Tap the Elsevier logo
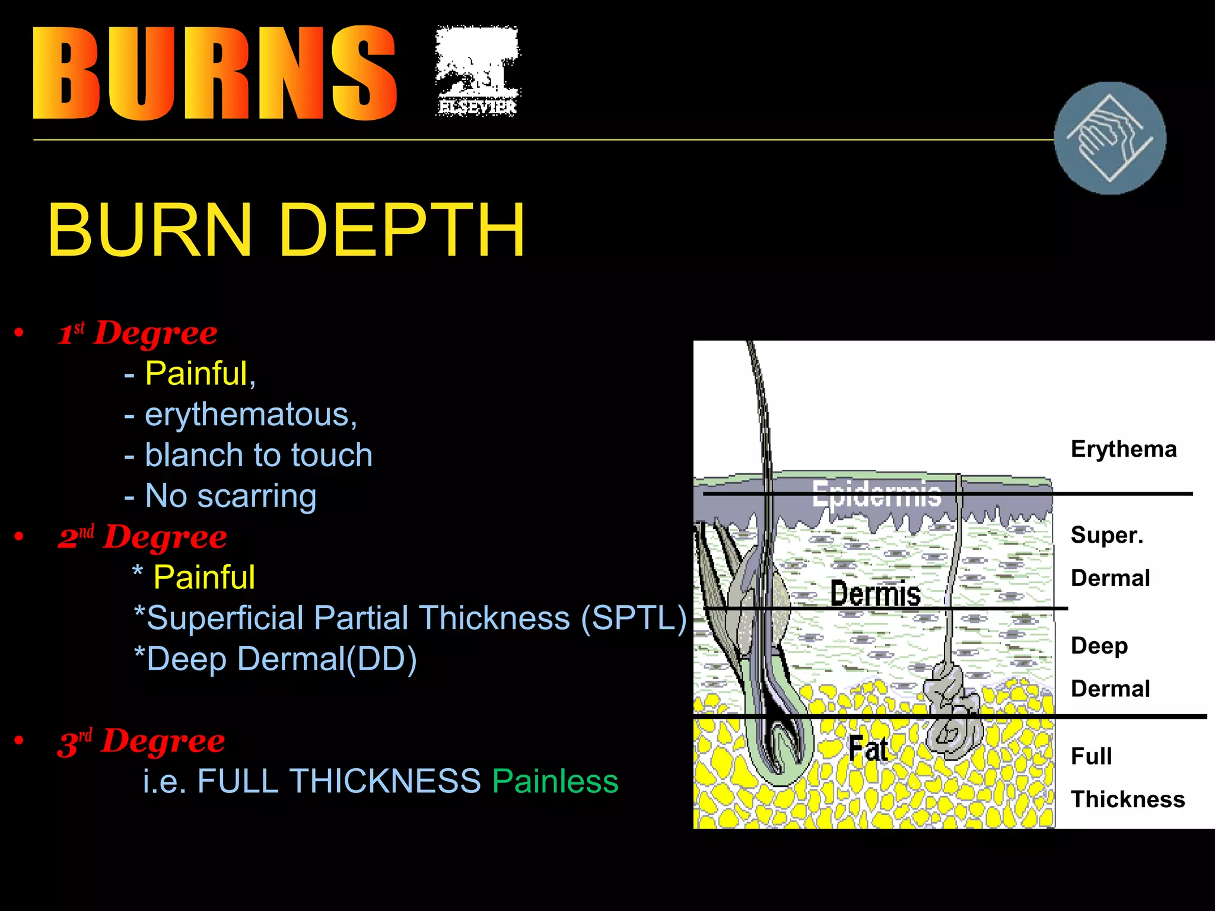coord(478,71)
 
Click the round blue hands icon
coord(1109,138)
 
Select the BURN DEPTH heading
coord(286,230)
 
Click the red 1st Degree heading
coord(138,333)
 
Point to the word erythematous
coord(250,414)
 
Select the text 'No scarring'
coord(230,496)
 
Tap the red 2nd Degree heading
coord(142,537)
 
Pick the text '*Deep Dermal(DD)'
coord(276,659)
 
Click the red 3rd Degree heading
coord(141,741)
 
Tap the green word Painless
coord(555,781)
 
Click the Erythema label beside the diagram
coord(1123,449)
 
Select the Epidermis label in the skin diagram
coord(877,493)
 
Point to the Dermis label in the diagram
coord(875,593)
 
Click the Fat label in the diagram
coord(868,748)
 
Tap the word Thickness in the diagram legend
coord(1127,799)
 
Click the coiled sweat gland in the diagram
coord(952,712)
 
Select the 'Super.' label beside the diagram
coord(1106,535)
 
